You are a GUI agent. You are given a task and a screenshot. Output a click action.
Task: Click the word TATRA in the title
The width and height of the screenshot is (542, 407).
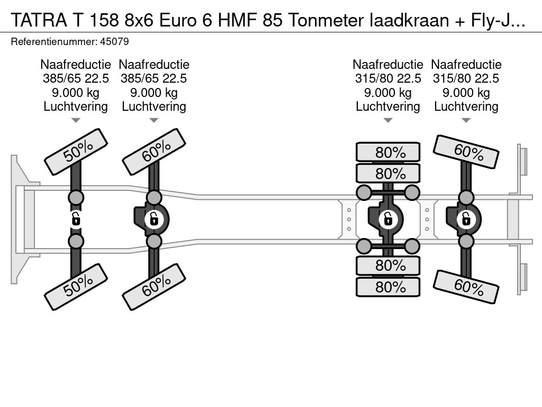click(39, 21)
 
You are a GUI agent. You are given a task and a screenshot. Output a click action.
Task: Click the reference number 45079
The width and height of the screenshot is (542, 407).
click(114, 42)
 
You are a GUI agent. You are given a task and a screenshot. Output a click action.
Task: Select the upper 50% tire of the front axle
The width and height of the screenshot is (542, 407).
click(76, 152)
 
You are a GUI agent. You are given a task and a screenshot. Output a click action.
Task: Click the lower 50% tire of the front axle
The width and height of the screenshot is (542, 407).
click(76, 287)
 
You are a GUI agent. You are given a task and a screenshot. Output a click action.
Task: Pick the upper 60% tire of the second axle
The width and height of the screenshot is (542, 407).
click(154, 152)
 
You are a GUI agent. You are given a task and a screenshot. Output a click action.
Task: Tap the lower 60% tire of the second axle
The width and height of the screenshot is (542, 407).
click(154, 287)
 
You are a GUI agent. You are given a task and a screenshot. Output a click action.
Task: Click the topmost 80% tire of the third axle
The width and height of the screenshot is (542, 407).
click(388, 152)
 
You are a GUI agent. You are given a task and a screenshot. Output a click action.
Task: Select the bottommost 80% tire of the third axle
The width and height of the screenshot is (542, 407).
click(388, 287)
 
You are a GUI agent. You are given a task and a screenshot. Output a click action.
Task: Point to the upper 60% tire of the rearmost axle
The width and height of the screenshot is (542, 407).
click(466, 152)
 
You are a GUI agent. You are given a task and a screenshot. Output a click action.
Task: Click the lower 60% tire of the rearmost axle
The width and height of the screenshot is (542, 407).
click(466, 287)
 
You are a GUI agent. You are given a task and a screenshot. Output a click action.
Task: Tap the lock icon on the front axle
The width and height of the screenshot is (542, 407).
click(76, 219)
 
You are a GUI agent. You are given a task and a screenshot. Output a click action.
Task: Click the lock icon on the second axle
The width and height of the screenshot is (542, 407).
click(154, 219)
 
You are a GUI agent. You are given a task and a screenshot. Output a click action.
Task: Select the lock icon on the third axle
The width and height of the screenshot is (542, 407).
click(388, 219)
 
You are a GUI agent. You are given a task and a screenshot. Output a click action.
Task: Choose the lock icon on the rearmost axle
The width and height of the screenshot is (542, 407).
click(466, 219)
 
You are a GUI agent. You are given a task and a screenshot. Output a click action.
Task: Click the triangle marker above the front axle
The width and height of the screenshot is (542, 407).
click(76, 120)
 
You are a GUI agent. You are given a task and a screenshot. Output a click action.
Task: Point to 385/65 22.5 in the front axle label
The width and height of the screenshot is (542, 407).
click(76, 78)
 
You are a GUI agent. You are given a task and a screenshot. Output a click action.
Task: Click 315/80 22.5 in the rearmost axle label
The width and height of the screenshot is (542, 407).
click(466, 78)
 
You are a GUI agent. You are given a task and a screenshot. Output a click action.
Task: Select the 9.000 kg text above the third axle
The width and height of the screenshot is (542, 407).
click(388, 93)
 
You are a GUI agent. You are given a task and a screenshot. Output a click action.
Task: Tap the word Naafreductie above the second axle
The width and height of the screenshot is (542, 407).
click(154, 65)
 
